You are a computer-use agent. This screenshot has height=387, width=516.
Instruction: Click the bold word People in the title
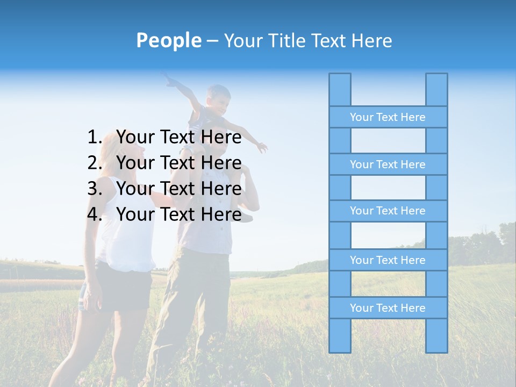click(x=168, y=41)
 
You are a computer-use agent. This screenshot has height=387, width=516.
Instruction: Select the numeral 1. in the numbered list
click(x=95, y=138)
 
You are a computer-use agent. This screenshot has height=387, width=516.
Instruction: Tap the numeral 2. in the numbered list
click(x=95, y=163)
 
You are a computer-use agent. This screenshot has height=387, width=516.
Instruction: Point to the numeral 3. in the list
click(x=95, y=189)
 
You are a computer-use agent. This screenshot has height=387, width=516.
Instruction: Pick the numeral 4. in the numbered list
click(x=95, y=214)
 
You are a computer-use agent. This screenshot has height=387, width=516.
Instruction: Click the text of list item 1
click(x=178, y=138)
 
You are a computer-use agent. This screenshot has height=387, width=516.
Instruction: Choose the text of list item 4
click(x=178, y=214)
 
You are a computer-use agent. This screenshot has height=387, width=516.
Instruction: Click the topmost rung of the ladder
click(x=388, y=117)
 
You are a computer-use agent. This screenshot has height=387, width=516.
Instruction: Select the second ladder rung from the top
click(x=388, y=164)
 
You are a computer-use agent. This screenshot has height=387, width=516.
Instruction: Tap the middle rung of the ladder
click(x=388, y=211)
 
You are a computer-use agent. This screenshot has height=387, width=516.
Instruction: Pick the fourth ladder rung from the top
click(x=388, y=260)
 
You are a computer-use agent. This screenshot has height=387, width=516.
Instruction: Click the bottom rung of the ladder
click(x=388, y=308)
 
